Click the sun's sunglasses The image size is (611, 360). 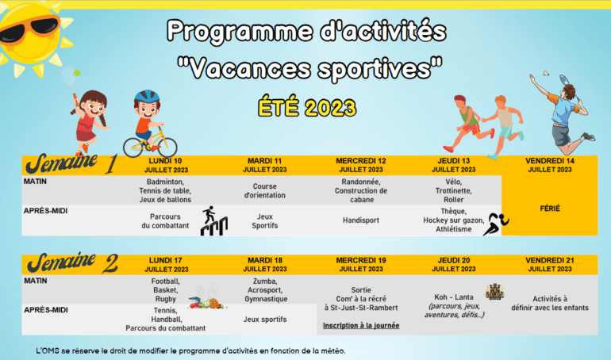tap(29, 29)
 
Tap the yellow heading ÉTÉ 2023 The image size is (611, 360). tap(307, 107)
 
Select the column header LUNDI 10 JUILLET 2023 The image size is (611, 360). tap(166, 166)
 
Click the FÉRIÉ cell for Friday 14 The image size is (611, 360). tap(550, 209)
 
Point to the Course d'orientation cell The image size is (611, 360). tap(264, 190)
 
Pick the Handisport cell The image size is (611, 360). tap(361, 220)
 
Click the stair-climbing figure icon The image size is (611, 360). tap(214, 220)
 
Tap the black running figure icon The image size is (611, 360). tap(496, 224)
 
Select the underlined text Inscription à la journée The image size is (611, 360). tap(361, 325)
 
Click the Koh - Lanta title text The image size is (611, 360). tap(454, 297)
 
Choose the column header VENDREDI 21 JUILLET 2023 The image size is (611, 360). tap(550, 265)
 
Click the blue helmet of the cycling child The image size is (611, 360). tap(147, 97)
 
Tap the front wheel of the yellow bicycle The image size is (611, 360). tap(167, 147)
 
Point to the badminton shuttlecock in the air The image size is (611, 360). tap(548, 73)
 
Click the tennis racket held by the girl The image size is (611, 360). tap(70, 79)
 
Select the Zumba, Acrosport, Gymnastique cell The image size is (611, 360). tap(265, 290)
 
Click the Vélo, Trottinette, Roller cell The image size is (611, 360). tap(454, 190)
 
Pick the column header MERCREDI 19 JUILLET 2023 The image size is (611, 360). tap(361, 265)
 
